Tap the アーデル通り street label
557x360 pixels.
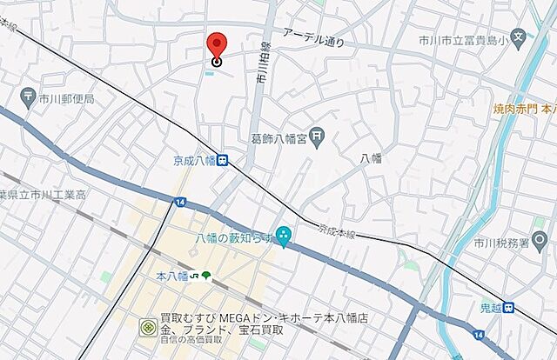point(313,37)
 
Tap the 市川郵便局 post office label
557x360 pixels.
point(66,99)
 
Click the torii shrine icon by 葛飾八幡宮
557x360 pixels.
point(319,136)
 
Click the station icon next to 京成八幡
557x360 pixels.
point(224,160)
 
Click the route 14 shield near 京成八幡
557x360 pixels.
point(179,202)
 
